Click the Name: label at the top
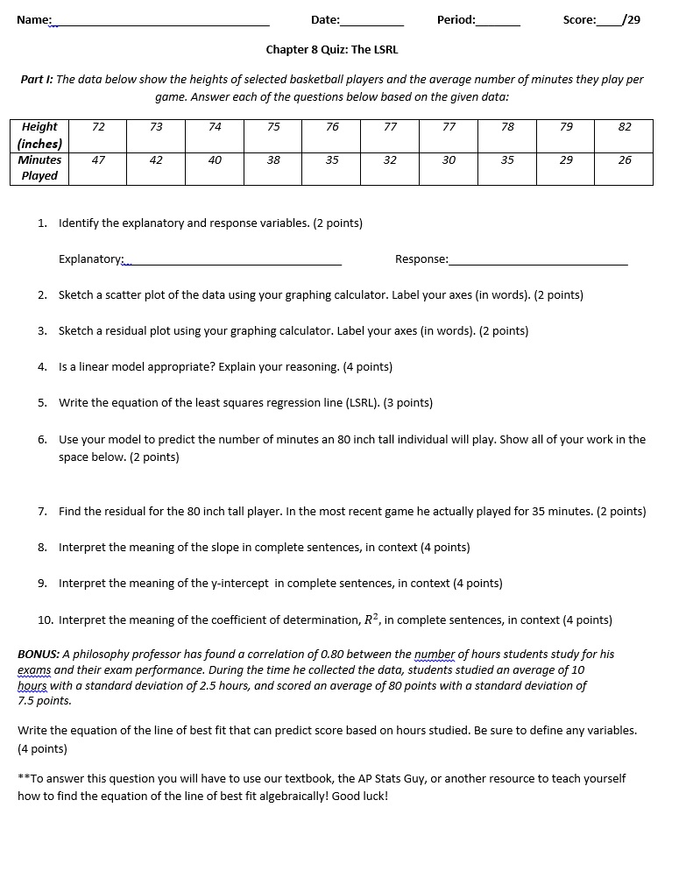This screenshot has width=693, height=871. [33, 19]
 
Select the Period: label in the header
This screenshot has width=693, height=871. [456, 19]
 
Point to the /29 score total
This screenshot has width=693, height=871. [629, 19]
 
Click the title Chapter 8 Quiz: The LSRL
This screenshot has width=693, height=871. [331, 50]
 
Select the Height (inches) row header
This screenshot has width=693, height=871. [39, 135]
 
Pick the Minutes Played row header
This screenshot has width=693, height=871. [39, 167]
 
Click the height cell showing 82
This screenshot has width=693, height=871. [624, 127]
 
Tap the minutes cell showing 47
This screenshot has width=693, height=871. [98, 160]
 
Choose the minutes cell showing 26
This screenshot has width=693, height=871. [624, 160]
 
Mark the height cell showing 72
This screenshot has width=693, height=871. [98, 127]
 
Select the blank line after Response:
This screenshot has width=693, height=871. [538, 261]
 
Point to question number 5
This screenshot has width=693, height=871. [43, 403]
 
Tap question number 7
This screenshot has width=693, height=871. [43, 512]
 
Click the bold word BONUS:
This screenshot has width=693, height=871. [39, 655]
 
